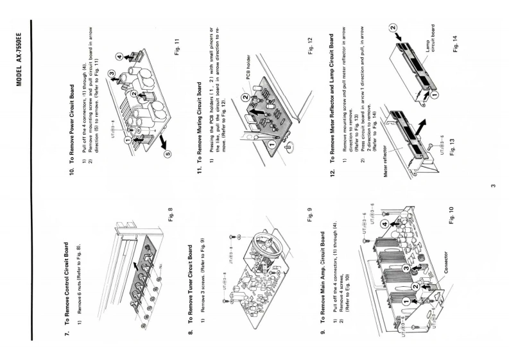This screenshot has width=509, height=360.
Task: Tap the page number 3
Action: (x=492, y=187)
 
